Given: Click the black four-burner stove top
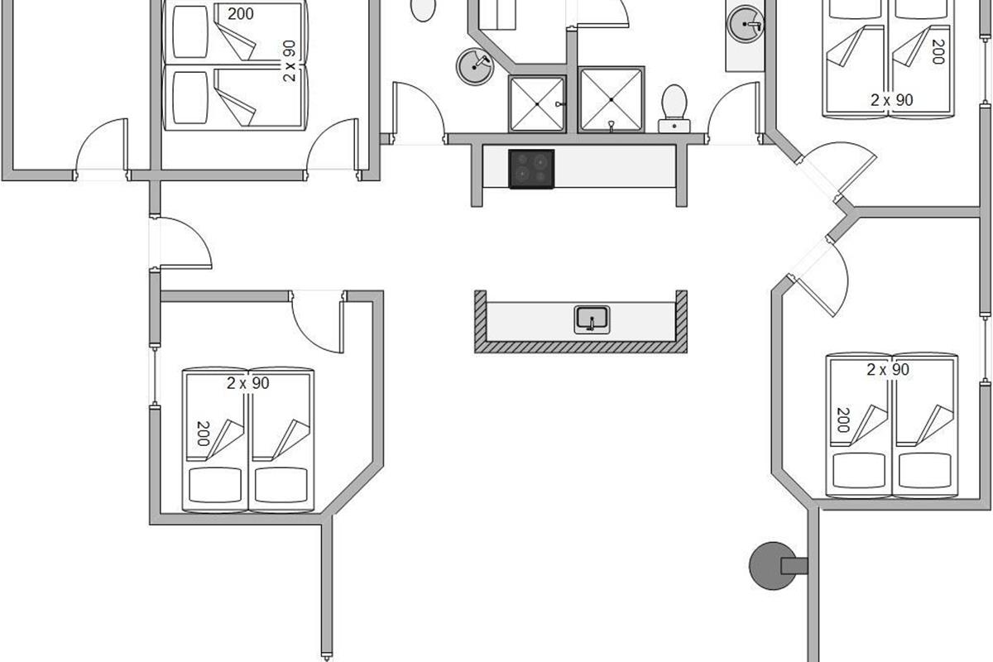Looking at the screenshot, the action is pos(531,169).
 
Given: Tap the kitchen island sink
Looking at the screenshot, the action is pos(592,319).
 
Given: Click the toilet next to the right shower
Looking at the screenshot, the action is pos(674,108).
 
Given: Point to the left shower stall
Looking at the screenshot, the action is pos(537,103).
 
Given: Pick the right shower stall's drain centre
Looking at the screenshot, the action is pos(612,100).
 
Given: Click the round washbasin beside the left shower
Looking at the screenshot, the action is pos(475,66).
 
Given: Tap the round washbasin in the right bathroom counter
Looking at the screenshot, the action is pos(745,24).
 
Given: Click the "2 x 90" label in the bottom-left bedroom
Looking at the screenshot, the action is pos(247,383).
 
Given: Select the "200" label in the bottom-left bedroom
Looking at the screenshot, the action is pos(203,434).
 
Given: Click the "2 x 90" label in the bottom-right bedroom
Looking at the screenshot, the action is pos(888,369).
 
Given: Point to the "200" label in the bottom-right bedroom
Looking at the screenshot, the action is pos(843,420).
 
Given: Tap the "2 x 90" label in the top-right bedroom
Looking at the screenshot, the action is pos(891,100).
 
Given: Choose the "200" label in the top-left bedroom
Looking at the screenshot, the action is pos(241,14).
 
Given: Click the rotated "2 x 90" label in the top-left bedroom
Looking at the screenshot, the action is pos(289,60).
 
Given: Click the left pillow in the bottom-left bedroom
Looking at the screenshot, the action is pos(215,485).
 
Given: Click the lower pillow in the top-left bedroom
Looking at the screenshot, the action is pos(190,98).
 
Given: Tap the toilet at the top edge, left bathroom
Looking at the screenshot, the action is pos(423,10).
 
